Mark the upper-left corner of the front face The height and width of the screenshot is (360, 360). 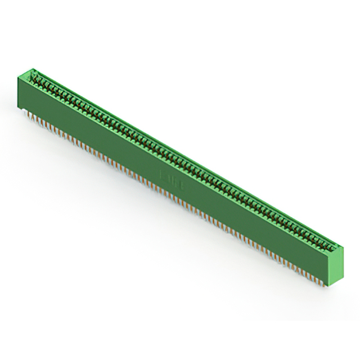point(17,77)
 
